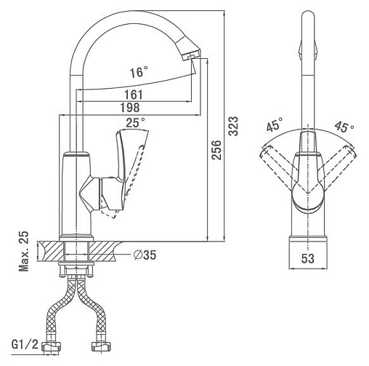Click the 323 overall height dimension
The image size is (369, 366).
(234, 126)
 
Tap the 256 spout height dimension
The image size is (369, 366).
(216, 150)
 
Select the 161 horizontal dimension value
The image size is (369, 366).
(134, 95)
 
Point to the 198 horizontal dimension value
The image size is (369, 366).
(130, 108)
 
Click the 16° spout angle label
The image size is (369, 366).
(139, 72)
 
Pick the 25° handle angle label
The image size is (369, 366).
(135, 123)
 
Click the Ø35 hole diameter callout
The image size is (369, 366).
(145, 255)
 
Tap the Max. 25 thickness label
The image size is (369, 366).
(24, 251)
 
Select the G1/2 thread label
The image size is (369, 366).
(25, 344)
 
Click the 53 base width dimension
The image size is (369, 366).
(308, 258)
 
